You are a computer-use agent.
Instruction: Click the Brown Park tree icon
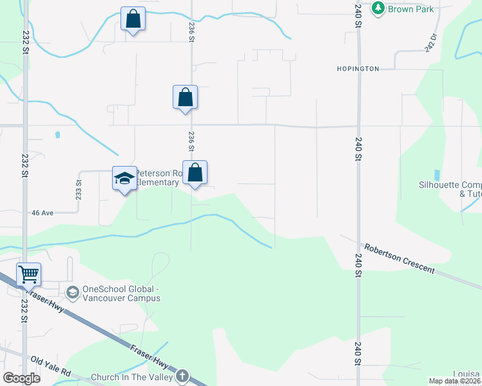[378, 8]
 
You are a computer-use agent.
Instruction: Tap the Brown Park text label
[410, 9]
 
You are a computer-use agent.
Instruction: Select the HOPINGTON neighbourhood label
[358, 68]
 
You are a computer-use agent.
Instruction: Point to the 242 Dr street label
[430, 42]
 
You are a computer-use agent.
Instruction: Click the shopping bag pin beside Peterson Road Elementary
[195, 173]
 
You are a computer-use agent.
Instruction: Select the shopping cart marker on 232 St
[28, 275]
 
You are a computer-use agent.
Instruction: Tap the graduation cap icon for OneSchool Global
[73, 293]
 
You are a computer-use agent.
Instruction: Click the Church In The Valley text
[132, 377]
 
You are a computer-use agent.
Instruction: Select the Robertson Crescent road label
[400, 257]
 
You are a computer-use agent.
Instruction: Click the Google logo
[21, 378]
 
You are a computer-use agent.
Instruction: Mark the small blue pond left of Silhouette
[438, 175]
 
